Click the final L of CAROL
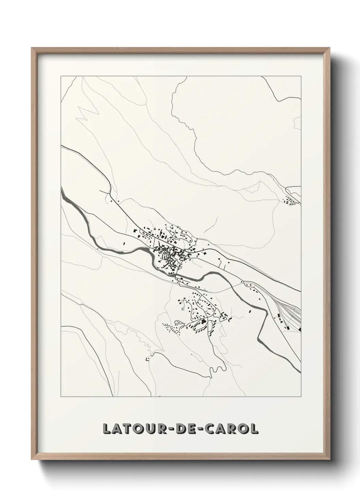pos(253,429)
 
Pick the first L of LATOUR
pos(107,429)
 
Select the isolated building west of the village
pos(124,243)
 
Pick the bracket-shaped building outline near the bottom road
pos(147,359)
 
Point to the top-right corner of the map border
pos(301,76)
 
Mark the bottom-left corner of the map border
pos(61,397)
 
